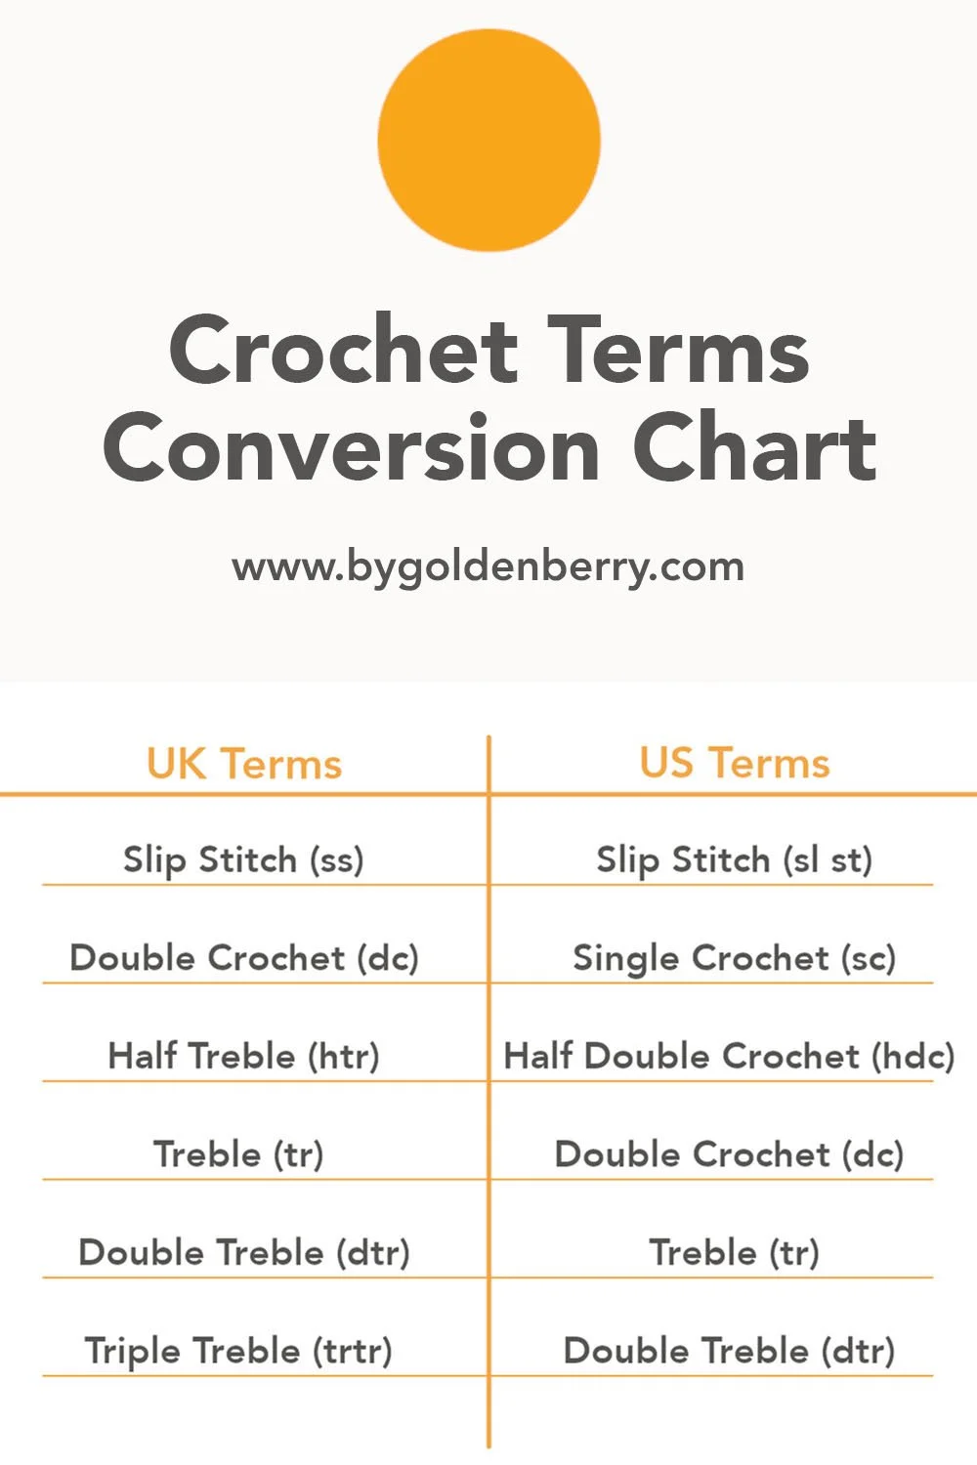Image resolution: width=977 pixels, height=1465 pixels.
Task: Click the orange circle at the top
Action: [488, 140]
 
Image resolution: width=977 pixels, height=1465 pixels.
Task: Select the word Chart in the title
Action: [754, 448]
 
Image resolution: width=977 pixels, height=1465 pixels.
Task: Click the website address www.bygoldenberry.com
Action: [488, 567]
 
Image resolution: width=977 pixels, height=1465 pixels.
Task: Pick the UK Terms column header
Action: [244, 764]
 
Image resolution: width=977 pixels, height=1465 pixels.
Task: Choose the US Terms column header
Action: [735, 763]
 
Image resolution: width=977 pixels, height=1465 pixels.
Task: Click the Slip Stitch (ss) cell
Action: [243, 860]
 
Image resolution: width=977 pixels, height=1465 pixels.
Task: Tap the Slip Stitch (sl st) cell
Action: [734, 860]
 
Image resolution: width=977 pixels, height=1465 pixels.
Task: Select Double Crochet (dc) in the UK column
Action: [244, 958]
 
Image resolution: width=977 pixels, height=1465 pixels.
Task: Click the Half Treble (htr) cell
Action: [243, 1056]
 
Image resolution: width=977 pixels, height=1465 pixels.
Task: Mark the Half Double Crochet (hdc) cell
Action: [729, 1056]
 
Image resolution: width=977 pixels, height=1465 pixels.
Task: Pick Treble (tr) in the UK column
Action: [238, 1154]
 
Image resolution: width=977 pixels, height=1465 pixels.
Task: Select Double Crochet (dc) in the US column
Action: [729, 1154]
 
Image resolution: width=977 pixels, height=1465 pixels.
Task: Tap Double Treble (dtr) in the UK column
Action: [244, 1252]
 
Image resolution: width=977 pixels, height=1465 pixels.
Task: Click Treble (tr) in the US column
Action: [735, 1252]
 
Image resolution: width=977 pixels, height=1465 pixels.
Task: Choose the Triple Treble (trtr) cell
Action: [238, 1351]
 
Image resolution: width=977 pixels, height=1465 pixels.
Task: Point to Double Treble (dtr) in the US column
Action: [729, 1351]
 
